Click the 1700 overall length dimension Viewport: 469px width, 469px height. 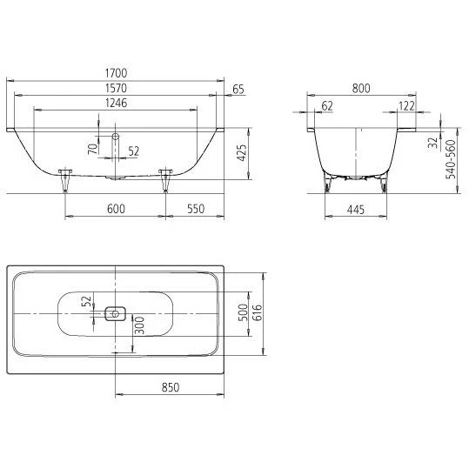pyautogui.click(x=116, y=73)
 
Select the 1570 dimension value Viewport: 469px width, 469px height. pyautogui.click(x=116, y=88)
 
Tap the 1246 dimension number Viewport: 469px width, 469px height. pyautogui.click(x=116, y=103)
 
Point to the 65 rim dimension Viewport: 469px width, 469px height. pyautogui.click(x=238, y=90)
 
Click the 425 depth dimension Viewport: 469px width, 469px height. pyautogui.click(x=242, y=153)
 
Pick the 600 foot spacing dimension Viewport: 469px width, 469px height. pyautogui.click(x=116, y=209)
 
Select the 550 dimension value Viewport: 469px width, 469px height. pyautogui.click(x=196, y=209)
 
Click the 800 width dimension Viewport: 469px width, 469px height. pyautogui.click(x=361, y=88)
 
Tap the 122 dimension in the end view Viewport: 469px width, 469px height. pyautogui.click(x=407, y=106)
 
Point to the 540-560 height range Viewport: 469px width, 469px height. pyautogui.click(x=451, y=159)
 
